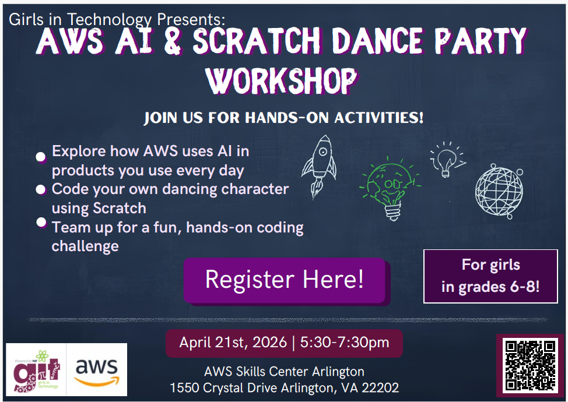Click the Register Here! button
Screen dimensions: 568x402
coord(285,280)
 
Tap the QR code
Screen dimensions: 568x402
coord(530,365)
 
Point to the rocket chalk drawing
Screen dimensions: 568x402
coord(319,167)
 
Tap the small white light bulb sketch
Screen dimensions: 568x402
coord(447,159)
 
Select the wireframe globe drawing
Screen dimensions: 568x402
coord(499,191)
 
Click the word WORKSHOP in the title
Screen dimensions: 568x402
coord(282,80)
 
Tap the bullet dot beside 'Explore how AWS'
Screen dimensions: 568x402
coord(41,157)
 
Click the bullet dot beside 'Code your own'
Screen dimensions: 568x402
coord(41,189)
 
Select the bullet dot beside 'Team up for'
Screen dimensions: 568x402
coord(41,222)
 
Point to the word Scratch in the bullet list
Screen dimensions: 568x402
coord(120,208)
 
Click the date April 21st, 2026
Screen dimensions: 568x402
coord(233,343)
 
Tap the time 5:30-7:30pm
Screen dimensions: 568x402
coord(345,343)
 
